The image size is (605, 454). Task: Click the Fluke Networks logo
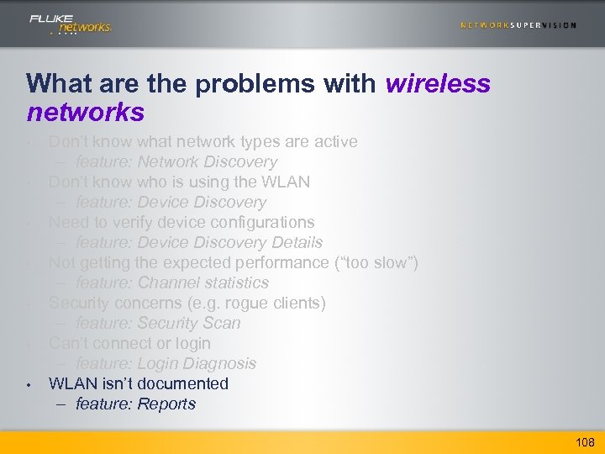click(70, 24)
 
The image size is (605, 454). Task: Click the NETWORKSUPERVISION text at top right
click(518, 25)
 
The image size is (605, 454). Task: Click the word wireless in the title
click(438, 84)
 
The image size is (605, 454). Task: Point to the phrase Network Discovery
click(207, 161)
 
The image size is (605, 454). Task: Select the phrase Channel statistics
click(203, 282)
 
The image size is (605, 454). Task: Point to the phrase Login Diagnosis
click(197, 363)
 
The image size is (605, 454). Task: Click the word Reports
click(166, 404)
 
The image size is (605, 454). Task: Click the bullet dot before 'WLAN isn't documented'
click(29, 385)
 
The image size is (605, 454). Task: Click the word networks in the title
click(85, 111)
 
